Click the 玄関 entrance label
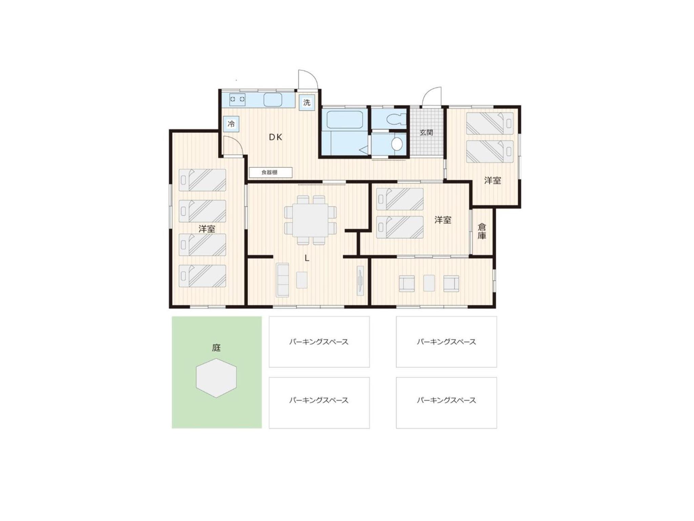click(426, 132)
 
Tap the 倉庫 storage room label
click(482, 231)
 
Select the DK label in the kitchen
click(275, 137)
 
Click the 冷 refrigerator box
click(231, 124)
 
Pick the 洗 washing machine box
click(307, 102)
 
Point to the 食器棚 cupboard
click(270, 172)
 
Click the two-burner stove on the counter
click(237, 99)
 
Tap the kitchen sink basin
click(273, 100)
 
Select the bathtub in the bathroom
click(344, 120)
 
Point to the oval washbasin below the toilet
click(396, 144)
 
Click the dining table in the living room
click(310, 220)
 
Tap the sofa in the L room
click(282, 280)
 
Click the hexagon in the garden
click(216, 378)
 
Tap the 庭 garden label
click(216, 348)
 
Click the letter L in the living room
click(307, 258)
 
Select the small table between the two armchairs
click(429, 283)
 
